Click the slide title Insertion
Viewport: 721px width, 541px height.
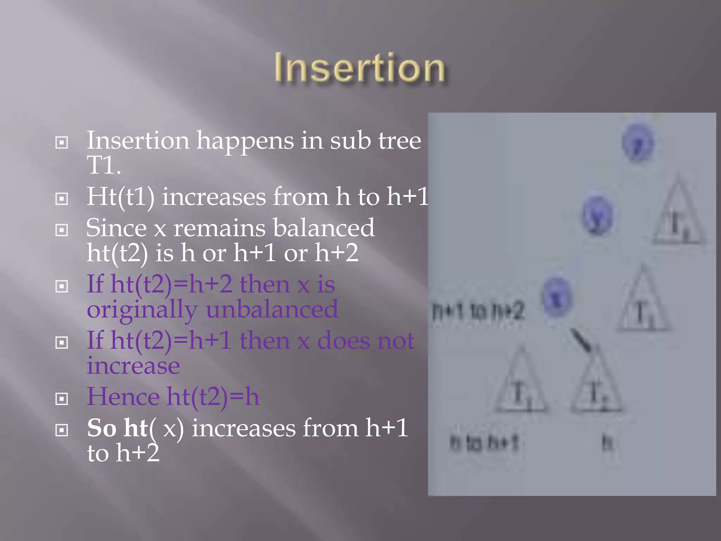click(x=360, y=68)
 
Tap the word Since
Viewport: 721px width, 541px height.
click(x=116, y=228)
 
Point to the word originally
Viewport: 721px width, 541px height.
click(x=142, y=309)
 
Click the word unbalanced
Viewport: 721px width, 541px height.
click(x=272, y=309)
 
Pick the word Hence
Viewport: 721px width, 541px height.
click(x=123, y=397)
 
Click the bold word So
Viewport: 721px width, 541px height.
click(x=101, y=428)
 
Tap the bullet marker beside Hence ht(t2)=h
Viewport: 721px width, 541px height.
click(x=62, y=399)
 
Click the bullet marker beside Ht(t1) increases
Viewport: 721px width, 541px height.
click(x=62, y=199)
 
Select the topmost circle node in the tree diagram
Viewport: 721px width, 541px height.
click(x=637, y=143)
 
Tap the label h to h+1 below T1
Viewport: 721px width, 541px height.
click(x=484, y=443)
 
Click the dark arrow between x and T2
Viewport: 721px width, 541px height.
click(x=581, y=340)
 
